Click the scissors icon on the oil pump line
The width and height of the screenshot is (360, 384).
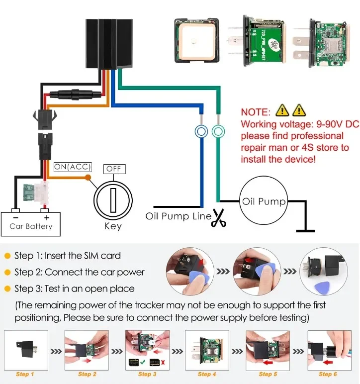click(218, 218)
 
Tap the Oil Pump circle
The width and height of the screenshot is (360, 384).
click(264, 201)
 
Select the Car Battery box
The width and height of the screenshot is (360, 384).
click(31, 222)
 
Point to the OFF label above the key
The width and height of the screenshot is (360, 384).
click(114, 169)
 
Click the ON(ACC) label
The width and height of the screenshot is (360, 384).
click(72, 167)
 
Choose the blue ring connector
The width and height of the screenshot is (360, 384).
click(201, 132)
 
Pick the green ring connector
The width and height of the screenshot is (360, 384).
click(217, 132)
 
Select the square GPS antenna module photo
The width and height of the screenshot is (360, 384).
click(197, 41)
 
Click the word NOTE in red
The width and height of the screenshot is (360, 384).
click(256, 112)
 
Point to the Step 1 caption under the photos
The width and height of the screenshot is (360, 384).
click(25, 374)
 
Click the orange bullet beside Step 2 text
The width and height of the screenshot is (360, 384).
click(7, 272)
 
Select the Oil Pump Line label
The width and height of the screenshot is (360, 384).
click(178, 216)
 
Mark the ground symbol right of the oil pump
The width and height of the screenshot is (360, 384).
click(305, 230)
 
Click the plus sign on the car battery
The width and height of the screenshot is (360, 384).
click(47, 217)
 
